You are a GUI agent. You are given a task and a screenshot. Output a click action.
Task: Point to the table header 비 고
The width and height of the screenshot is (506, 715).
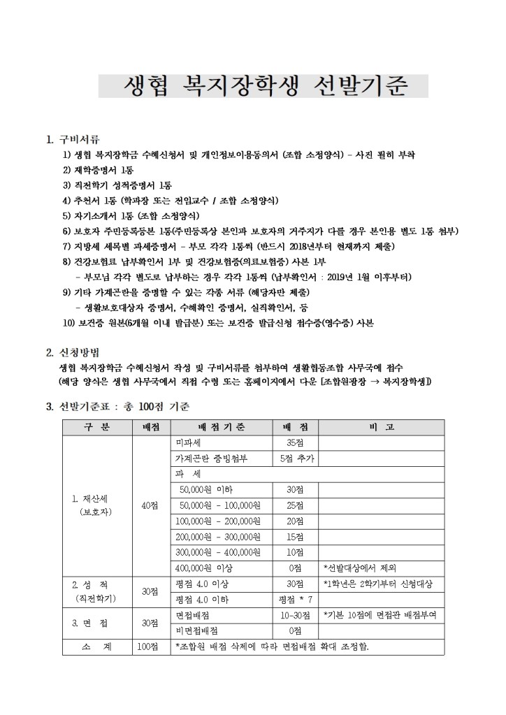click(x=381, y=427)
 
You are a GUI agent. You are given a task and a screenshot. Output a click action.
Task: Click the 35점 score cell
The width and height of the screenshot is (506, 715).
click(x=295, y=443)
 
